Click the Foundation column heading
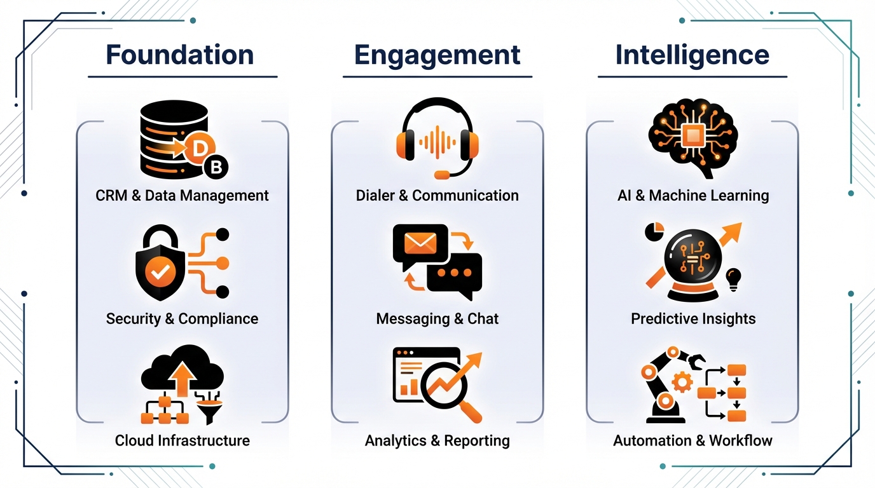click(180, 55)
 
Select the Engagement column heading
click(437, 55)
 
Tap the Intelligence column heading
click(692, 55)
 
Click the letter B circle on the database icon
click(215, 167)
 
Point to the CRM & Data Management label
click(182, 195)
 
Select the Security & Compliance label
click(182, 318)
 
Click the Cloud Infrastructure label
click(182, 440)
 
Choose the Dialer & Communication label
click(437, 195)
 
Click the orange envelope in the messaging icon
click(420, 242)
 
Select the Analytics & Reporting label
click(437, 440)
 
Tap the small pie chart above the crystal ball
click(654, 231)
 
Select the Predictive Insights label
click(693, 318)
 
